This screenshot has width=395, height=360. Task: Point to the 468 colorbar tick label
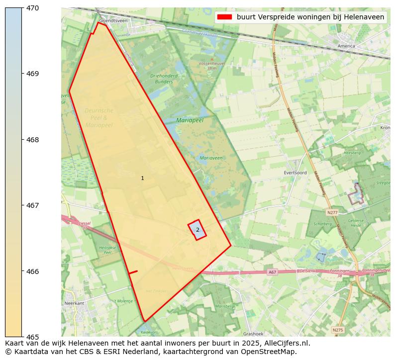pyautogui.click(x=32, y=140)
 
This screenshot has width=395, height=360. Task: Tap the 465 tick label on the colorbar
pyautogui.click(x=32, y=337)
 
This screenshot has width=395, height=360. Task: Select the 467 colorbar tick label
pyautogui.click(x=32, y=205)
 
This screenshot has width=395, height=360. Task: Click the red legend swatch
pyautogui.click(x=225, y=17)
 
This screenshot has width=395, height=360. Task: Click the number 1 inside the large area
pyautogui.click(x=142, y=178)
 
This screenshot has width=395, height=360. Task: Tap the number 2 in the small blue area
pyautogui.click(x=197, y=230)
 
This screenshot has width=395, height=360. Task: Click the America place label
pyautogui.click(x=346, y=46)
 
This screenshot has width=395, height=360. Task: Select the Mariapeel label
pyautogui.click(x=190, y=120)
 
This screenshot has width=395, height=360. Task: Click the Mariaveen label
pyautogui.click(x=211, y=158)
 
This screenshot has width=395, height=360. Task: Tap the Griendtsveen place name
pyautogui.click(x=110, y=21)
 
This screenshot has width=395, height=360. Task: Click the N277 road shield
pyautogui.click(x=332, y=212)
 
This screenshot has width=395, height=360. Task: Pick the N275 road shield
pyautogui.click(x=337, y=330)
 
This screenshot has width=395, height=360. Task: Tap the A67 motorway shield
pyautogui.click(x=272, y=272)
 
